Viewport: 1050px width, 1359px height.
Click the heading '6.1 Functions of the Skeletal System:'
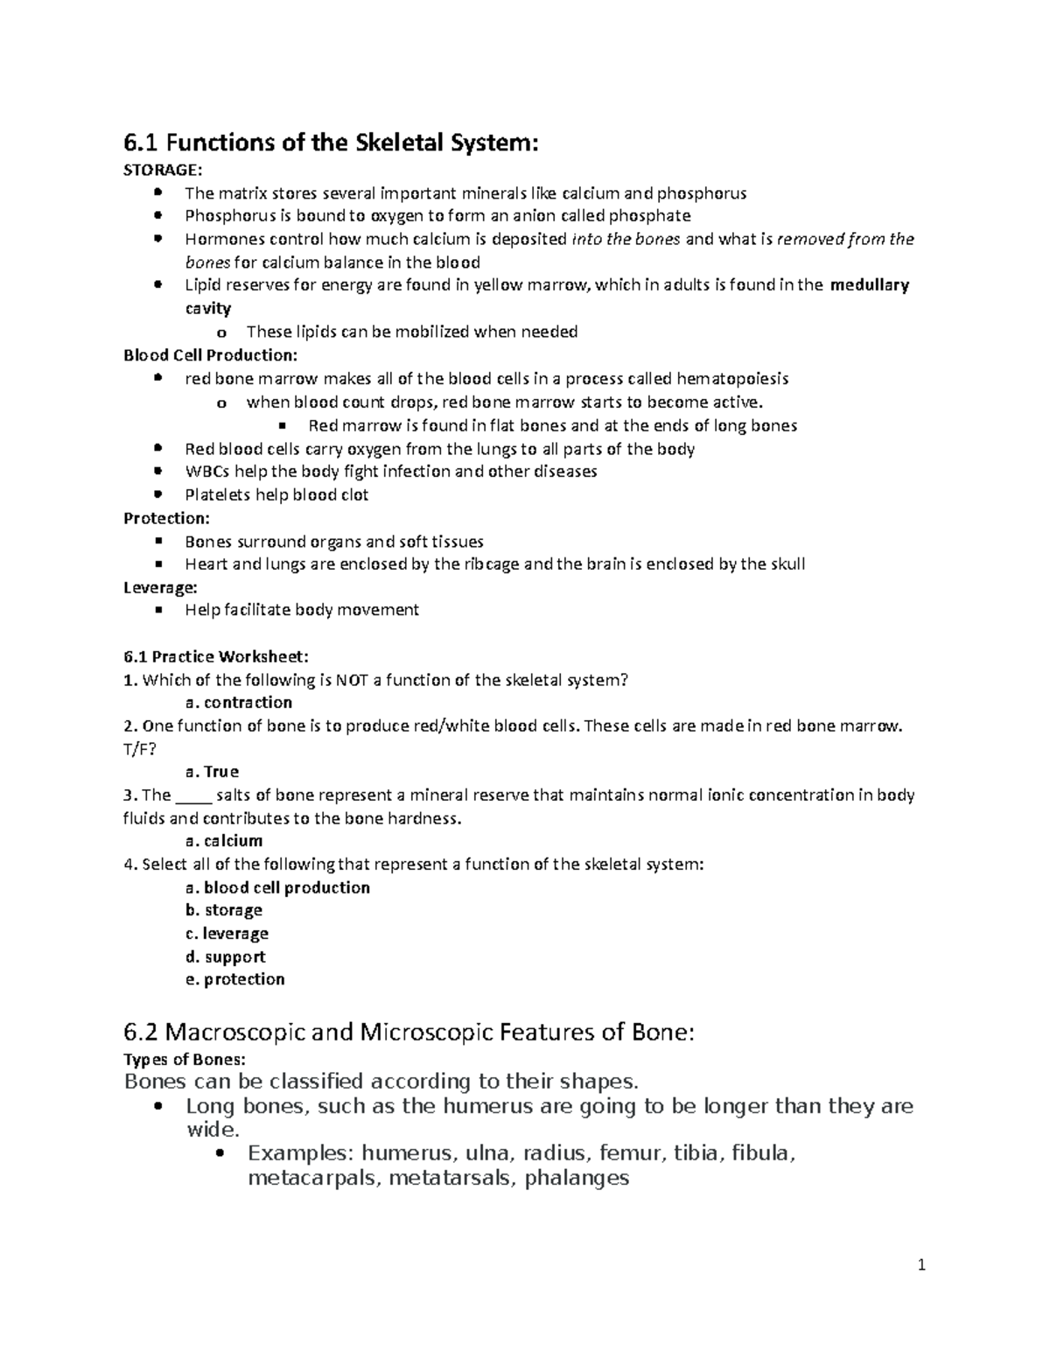click(x=330, y=143)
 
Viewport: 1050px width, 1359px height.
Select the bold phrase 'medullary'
click(x=870, y=284)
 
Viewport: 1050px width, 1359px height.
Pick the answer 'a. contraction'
click(x=238, y=703)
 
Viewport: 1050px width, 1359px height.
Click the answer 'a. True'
click(x=212, y=772)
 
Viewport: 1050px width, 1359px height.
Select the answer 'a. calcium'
click(x=224, y=841)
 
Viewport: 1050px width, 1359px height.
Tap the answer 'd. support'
click(x=226, y=956)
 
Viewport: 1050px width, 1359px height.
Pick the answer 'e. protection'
click(x=234, y=979)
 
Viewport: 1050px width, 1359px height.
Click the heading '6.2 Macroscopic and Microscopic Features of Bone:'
click(x=409, y=1033)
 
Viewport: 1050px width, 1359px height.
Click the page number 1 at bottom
click(x=921, y=1264)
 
